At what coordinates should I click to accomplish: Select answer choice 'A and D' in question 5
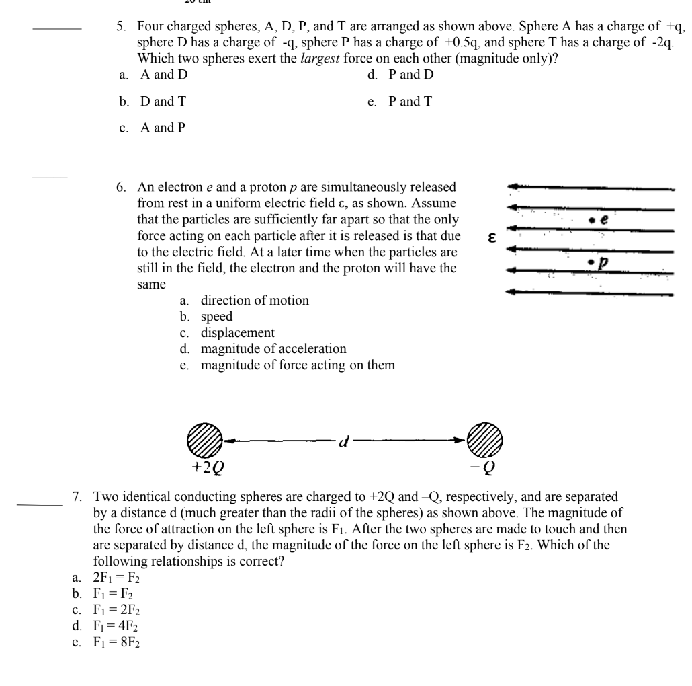click(163, 74)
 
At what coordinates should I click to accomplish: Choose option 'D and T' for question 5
click(163, 101)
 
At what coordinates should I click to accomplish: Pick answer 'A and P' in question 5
click(163, 128)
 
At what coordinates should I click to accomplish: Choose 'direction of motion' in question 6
click(255, 301)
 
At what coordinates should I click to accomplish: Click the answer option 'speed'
click(216, 317)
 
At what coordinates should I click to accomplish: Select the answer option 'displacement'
click(237, 333)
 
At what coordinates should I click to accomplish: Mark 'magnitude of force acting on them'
click(298, 365)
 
